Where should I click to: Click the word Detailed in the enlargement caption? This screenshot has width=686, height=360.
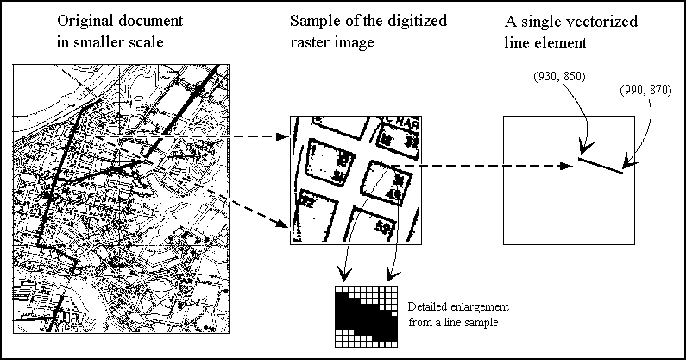click(428, 307)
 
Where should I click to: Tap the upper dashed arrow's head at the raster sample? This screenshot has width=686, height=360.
click(283, 136)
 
